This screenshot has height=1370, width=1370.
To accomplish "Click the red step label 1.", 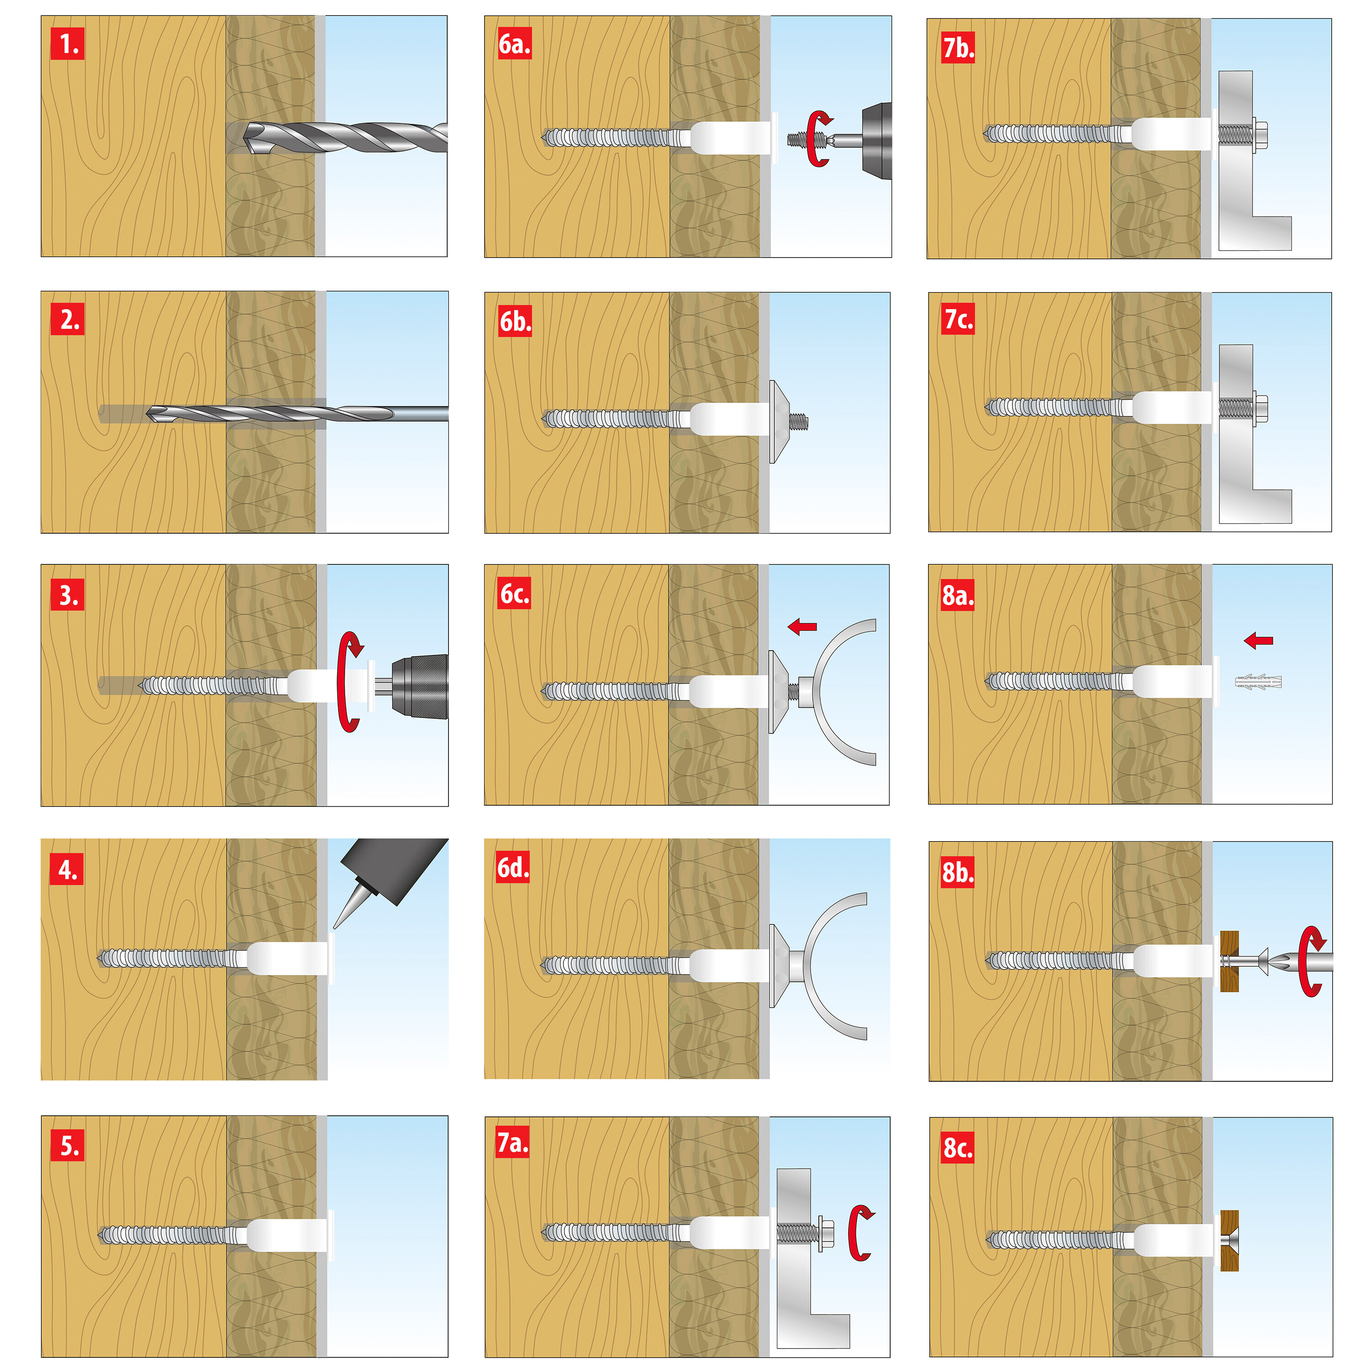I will tap(68, 44).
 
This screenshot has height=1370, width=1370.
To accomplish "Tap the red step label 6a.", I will tap(514, 44).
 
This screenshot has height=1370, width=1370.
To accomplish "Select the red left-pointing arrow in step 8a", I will tap(1258, 640).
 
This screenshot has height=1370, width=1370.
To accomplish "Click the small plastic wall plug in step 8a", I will tap(1259, 682).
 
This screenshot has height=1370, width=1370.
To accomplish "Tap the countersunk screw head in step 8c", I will tap(1231, 1240).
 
